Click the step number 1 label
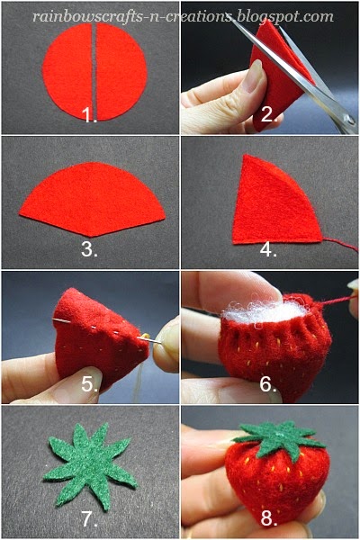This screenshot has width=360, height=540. point(89,115)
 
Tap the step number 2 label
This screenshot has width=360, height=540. point(266,115)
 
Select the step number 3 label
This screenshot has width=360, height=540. point(89,249)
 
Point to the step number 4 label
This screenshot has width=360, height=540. point(267,249)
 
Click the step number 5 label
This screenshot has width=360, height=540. point(89,385)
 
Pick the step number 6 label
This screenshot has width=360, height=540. point(267,385)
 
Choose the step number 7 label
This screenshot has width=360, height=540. point(89,520)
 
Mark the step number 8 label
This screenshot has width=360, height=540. point(267,520)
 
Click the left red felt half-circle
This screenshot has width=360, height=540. point(67,70)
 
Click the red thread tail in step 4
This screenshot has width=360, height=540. point(342,243)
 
